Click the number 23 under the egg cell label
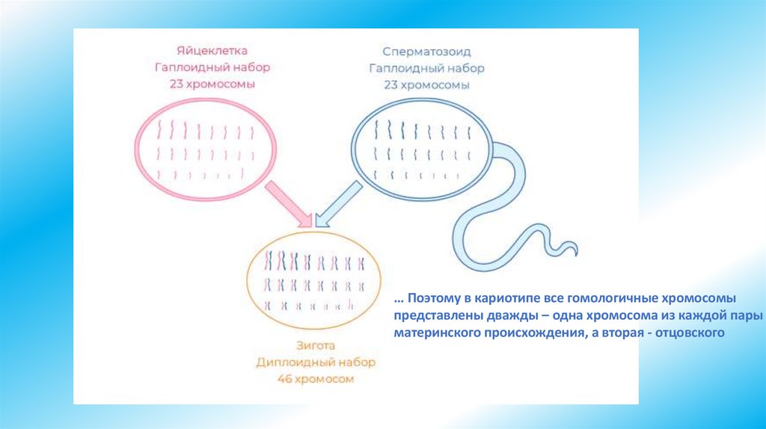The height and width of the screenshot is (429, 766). click(178, 84)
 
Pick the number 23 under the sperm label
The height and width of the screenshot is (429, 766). click(392, 85)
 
